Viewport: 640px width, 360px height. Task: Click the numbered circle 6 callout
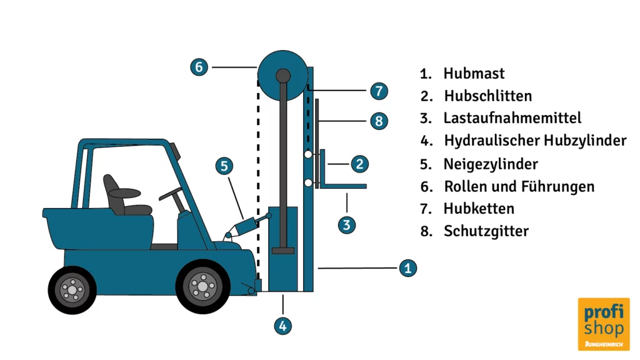point(199,67)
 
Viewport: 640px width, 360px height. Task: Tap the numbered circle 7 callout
point(379,91)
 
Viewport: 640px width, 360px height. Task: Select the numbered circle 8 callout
point(379,121)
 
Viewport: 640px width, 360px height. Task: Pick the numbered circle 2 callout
point(359,164)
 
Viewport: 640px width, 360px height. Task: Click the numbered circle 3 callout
point(347,224)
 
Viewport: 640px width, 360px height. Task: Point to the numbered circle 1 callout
point(407,268)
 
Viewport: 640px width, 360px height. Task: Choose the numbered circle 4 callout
point(282,325)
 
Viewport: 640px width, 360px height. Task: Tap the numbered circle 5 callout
point(225,166)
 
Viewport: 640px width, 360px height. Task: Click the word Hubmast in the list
point(474,74)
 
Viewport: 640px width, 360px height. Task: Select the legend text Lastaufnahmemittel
point(512,118)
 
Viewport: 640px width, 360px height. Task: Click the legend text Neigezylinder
point(491,164)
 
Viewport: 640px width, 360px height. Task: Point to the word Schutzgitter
point(486,231)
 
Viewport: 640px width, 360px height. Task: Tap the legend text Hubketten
point(478,209)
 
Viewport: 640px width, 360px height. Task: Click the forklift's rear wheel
point(72,289)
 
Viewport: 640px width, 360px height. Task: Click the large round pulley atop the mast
point(283,74)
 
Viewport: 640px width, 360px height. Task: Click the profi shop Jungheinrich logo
point(603,323)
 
